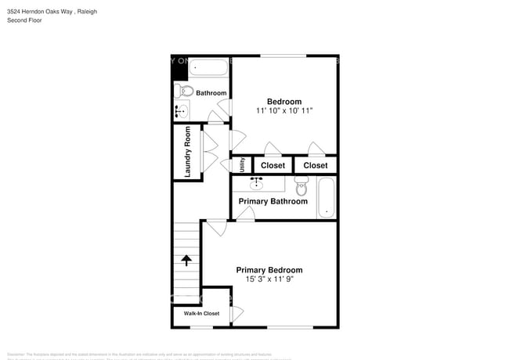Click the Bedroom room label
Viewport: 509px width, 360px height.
(284, 102)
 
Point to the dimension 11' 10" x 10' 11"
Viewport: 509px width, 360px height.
(284, 111)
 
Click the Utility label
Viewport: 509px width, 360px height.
(243, 165)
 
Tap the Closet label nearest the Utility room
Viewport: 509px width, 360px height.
(273, 165)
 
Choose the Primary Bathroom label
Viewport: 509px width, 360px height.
(273, 202)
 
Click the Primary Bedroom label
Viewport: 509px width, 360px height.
(269, 270)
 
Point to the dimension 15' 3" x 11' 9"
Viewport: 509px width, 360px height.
(269, 279)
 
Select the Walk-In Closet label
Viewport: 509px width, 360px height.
(201, 314)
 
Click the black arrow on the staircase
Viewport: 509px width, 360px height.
(187, 261)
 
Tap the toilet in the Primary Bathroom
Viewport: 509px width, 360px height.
(301, 186)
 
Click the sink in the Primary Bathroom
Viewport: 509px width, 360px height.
(256, 184)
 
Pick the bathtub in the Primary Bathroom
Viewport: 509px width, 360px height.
(326, 198)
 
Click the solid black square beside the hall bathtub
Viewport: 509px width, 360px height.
(180, 68)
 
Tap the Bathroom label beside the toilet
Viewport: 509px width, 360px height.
(211, 93)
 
